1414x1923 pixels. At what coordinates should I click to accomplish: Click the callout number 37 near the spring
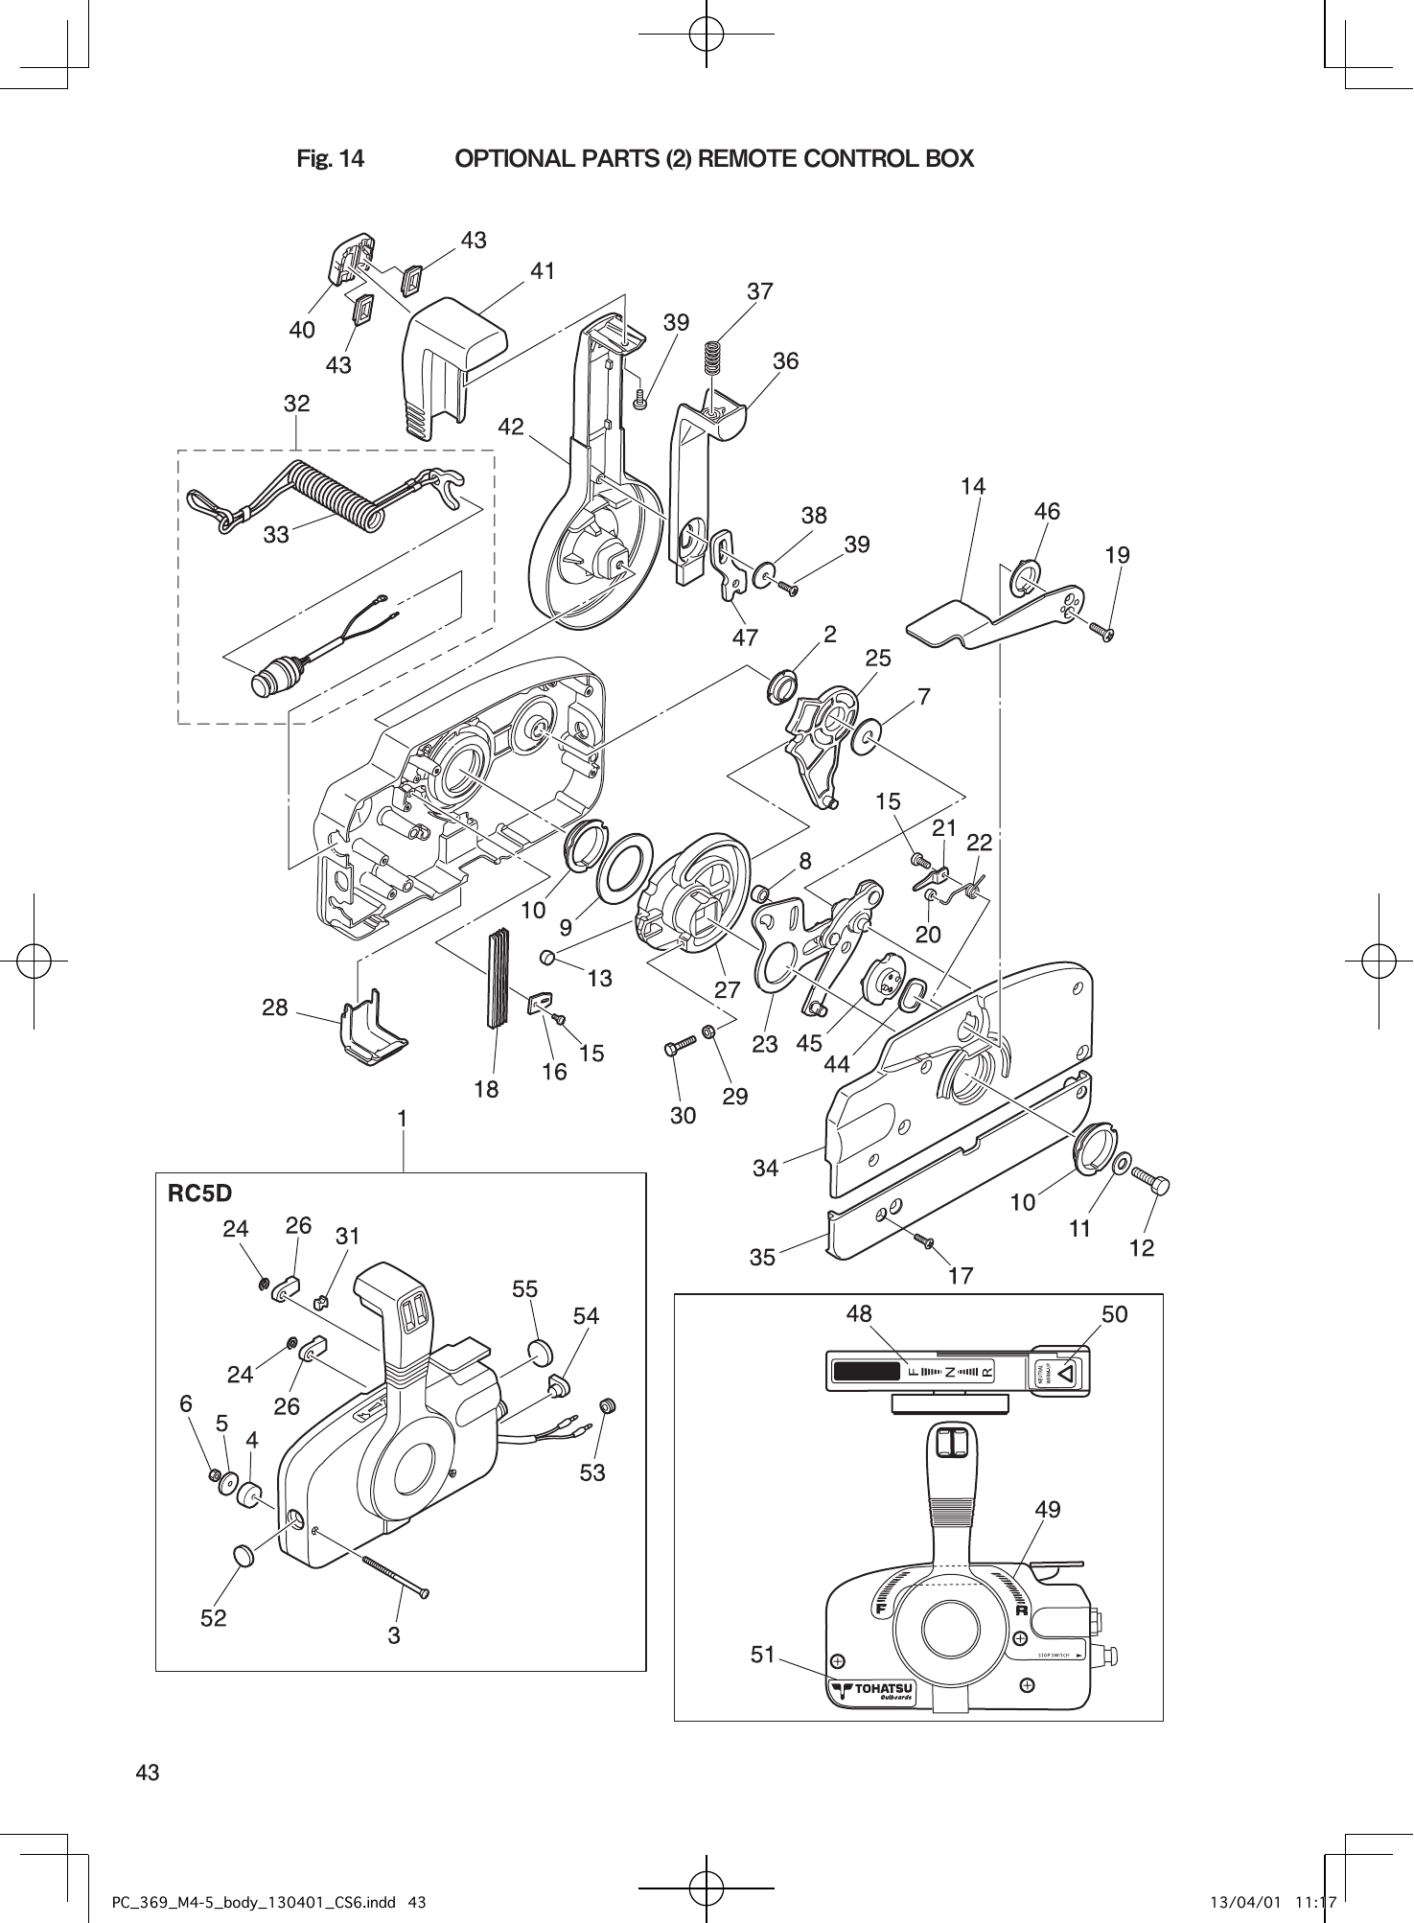pyautogui.click(x=759, y=290)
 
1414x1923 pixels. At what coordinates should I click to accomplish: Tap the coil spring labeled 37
pyautogui.click(x=711, y=358)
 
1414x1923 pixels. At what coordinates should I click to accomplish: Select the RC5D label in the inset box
pyautogui.click(x=199, y=1193)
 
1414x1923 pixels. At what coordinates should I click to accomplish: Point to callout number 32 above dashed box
pyautogui.click(x=296, y=404)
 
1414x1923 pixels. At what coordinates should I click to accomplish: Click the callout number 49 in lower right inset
pyautogui.click(x=1048, y=1510)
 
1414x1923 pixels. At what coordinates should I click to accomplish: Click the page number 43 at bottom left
pyautogui.click(x=148, y=1772)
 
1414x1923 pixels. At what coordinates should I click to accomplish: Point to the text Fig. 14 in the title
pyautogui.click(x=330, y=158)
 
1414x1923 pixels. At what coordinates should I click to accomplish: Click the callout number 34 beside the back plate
pyautogui.click(x=765, y=1168)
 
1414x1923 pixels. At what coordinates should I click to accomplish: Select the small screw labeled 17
pyautogui.click(x=924, y=1241)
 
